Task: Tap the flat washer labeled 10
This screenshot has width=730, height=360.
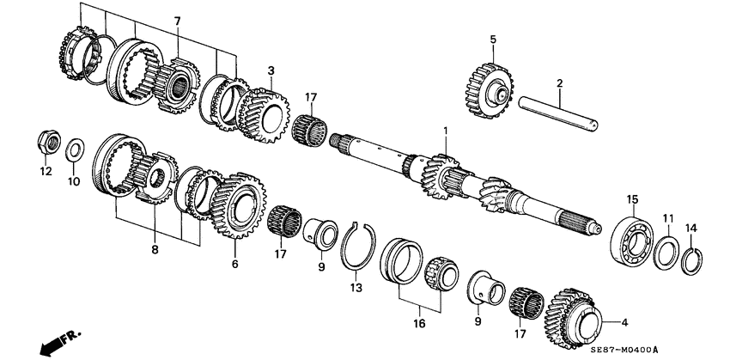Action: (74, 147)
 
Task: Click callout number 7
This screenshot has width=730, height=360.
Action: (177, 20)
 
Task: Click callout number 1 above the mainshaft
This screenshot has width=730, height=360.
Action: (446, 131)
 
